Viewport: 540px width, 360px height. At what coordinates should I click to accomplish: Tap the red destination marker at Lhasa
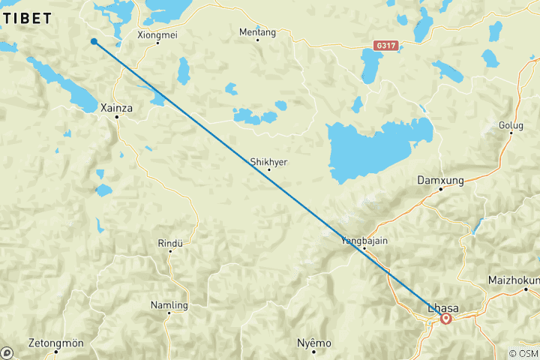[445, 318]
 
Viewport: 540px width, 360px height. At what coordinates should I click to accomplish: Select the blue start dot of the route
[94, 41]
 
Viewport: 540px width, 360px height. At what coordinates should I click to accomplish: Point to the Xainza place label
[116, 108]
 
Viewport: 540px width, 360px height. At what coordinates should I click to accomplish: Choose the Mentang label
[257, 32]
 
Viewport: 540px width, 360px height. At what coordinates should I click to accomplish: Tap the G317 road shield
[384, 46]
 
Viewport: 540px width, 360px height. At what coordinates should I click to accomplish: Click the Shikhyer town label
[268, 161]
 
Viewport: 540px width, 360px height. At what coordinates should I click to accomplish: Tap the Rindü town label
[170, 243]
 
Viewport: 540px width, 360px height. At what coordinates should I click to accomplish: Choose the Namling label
[169, 305]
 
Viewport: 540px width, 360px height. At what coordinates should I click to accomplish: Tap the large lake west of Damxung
[371, 150]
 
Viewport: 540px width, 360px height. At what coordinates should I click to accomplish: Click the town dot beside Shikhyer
[268, 170]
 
